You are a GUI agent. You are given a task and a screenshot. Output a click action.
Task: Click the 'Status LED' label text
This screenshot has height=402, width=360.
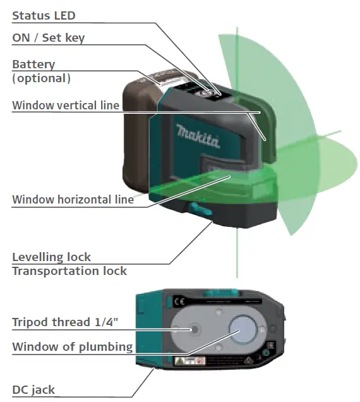click(x=44, y=15)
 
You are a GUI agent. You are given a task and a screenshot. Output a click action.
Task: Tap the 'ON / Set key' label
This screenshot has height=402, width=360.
click(x=48, y=38)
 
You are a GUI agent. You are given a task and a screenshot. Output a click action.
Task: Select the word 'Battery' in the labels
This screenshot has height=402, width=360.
click(x=33, y=64)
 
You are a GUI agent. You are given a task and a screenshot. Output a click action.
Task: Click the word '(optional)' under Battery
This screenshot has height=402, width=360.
click(x=41, y=78)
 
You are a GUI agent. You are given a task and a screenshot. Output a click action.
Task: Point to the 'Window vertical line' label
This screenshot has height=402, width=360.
click(x=66, y=106)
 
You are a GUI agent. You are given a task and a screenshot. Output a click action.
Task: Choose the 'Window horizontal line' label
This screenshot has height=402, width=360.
click(x=73, y=200)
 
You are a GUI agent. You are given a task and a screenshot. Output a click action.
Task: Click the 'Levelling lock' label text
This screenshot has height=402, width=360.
click(x=51, y=257)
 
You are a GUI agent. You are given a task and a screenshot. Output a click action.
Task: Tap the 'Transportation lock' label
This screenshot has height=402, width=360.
click(x=69, y=271)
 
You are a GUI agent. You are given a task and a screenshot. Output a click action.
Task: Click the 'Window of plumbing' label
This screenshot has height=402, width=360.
click(x=72, y=346)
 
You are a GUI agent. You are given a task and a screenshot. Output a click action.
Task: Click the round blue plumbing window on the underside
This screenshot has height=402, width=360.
click(x=243, y=329)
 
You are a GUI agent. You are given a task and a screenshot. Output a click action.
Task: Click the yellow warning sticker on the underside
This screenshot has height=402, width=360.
click(x=182, y=361)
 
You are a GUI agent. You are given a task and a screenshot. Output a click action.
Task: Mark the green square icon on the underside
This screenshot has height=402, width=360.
click(x=266, y=353)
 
